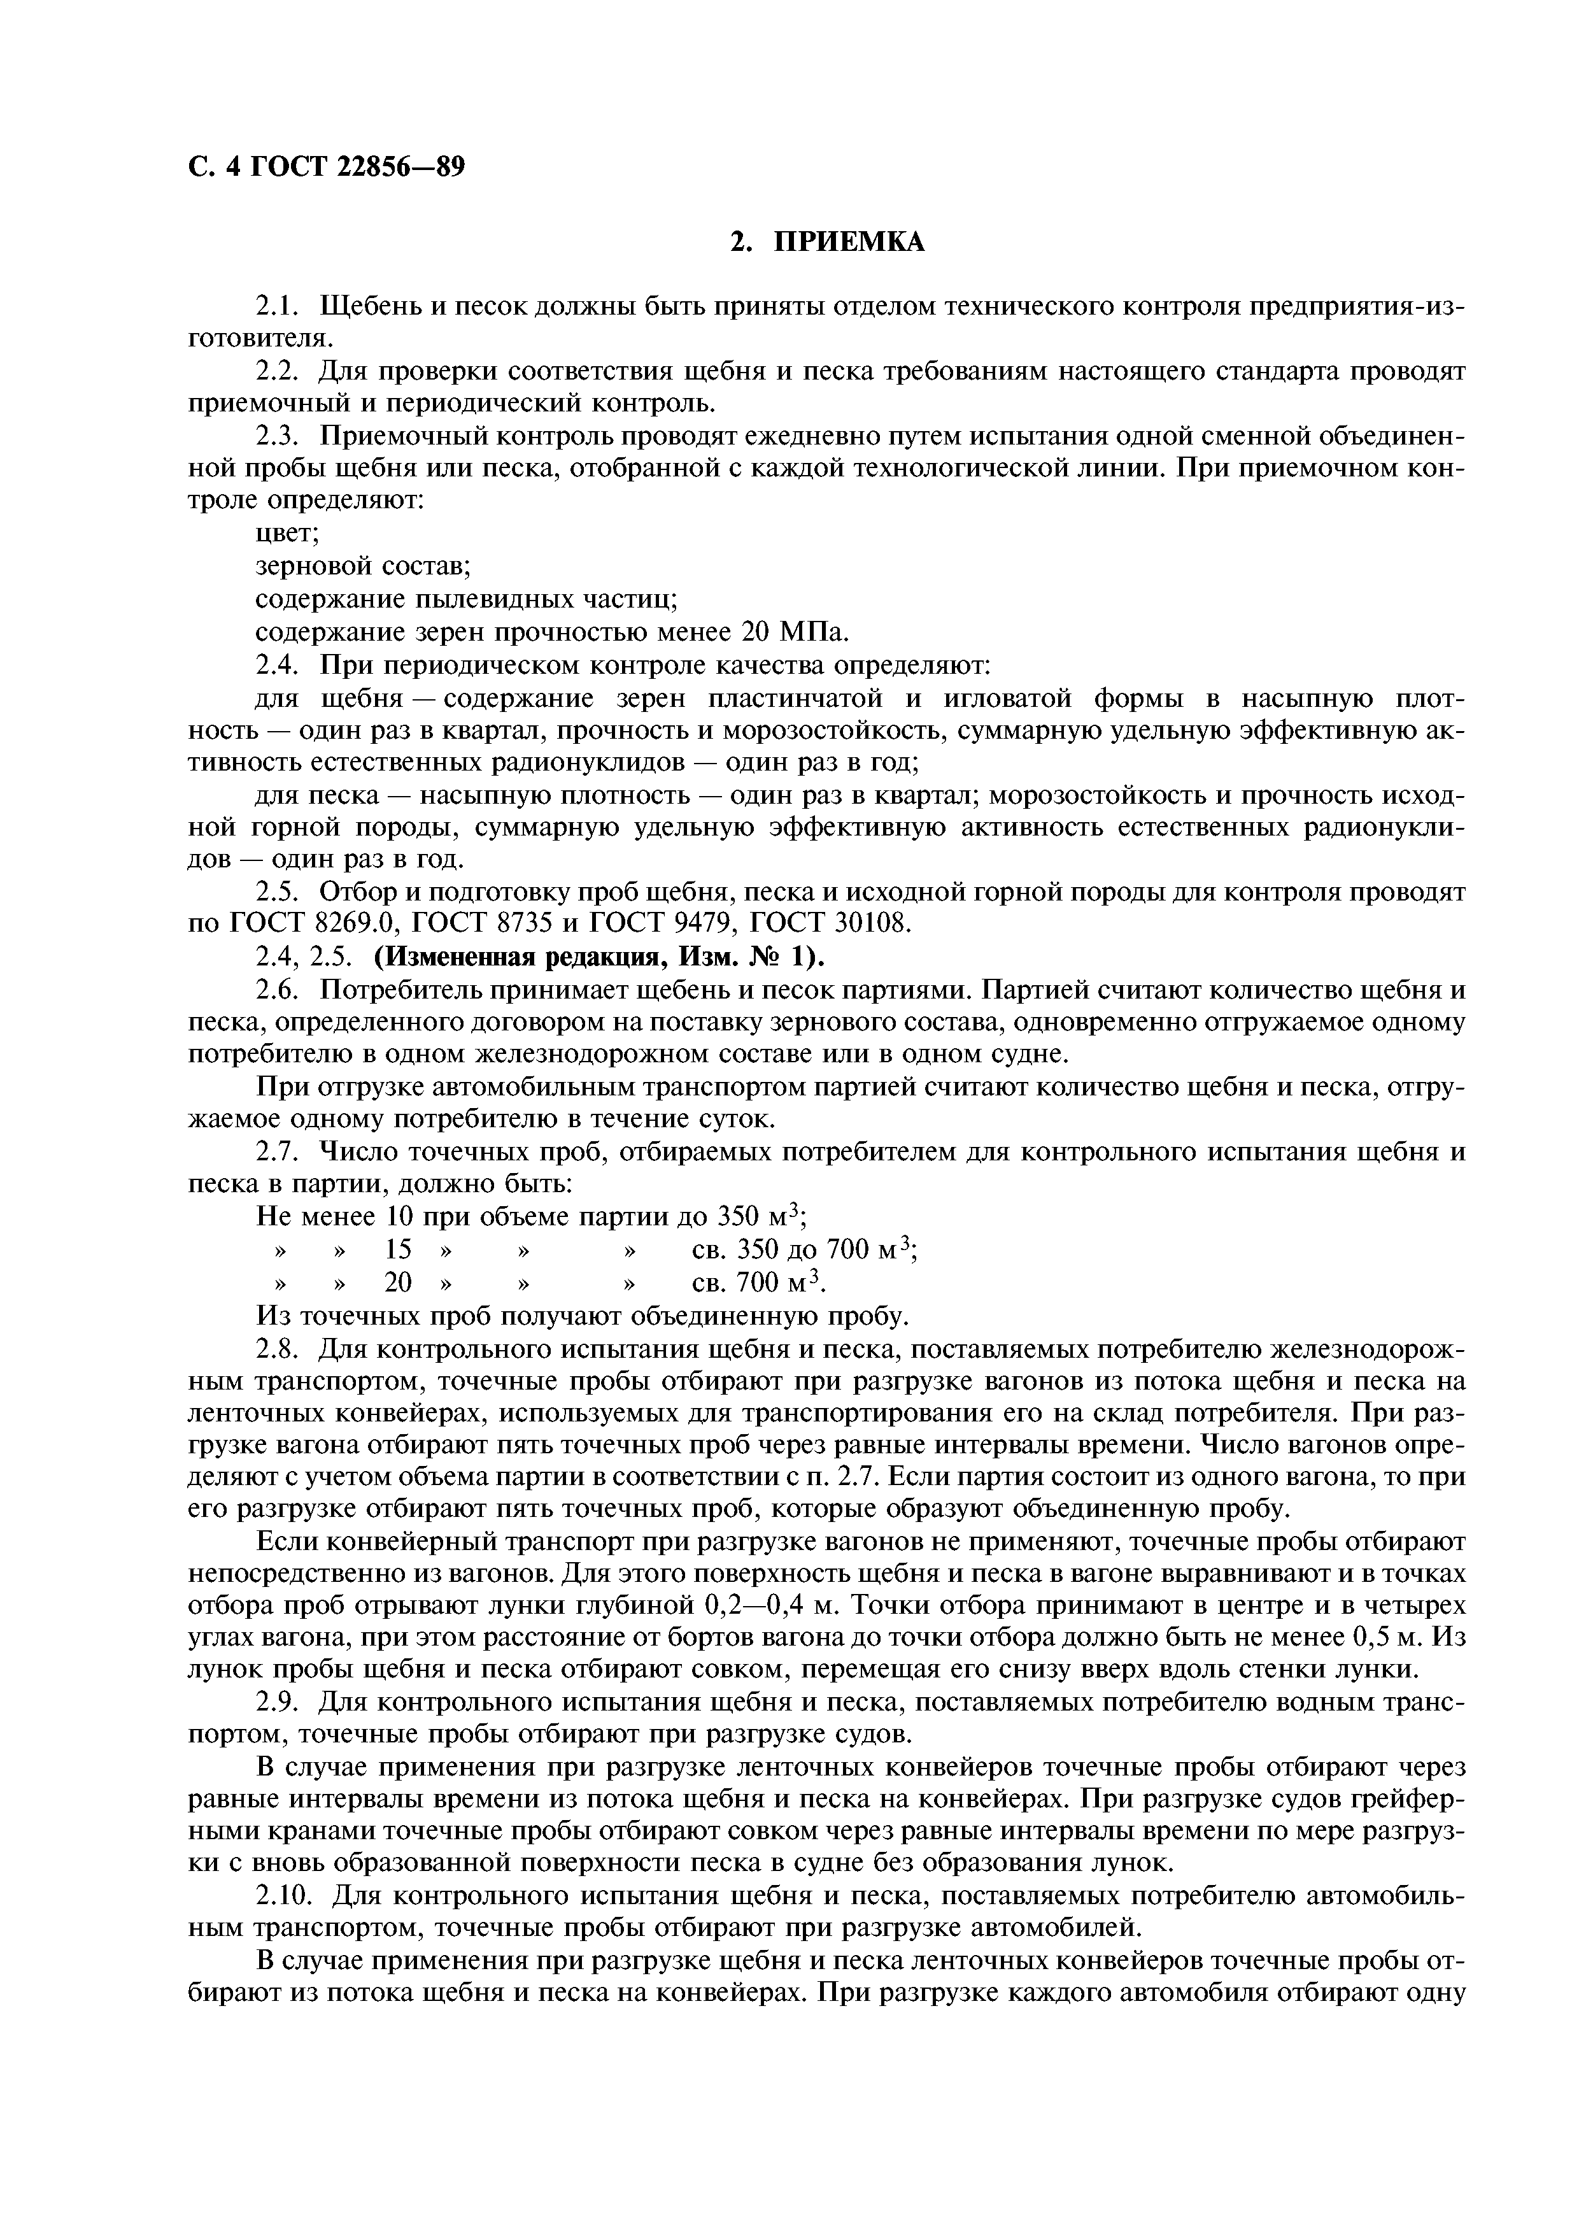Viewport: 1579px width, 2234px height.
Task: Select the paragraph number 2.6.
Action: [x=281, y=990]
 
